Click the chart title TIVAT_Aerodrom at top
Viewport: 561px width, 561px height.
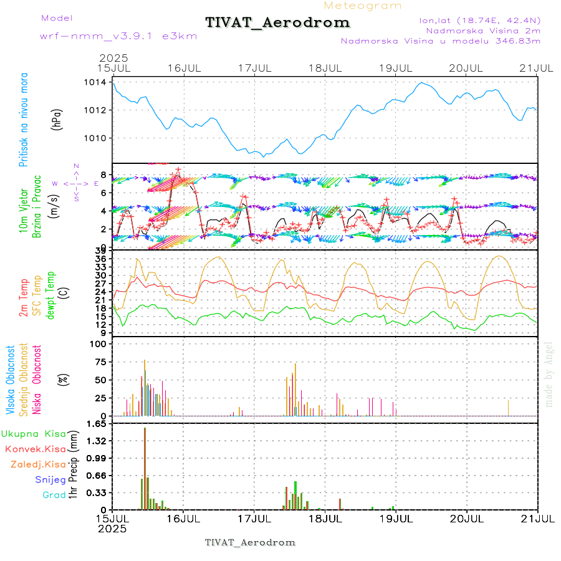[x=277, y=22]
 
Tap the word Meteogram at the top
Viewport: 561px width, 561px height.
[x=363, y=6]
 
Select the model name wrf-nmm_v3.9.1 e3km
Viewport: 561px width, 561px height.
[x=118, y=36]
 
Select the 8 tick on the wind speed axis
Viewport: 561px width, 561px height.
[x=104, y=175]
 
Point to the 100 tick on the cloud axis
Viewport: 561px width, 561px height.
[x=100, y=343]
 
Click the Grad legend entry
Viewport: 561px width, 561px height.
[x=54, y=495]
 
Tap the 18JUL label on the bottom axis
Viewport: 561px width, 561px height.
[x=325, y=517]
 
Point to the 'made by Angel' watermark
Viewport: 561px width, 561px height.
[x=549, y=374]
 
